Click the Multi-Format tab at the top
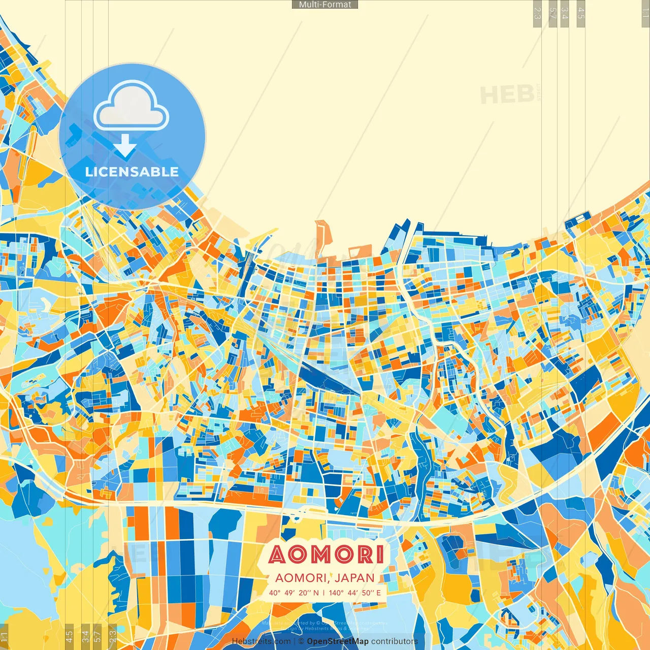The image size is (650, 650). coord(325,5)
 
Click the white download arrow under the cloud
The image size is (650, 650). coord(125,147)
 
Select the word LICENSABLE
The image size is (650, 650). coord(132,172)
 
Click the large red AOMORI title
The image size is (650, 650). coord(326,555)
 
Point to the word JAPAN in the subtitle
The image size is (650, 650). coord(355,578)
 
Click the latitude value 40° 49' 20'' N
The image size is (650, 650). coord(294,593)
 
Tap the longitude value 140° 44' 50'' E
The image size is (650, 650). coord(354,593)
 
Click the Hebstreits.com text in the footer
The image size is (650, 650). coord(261,641)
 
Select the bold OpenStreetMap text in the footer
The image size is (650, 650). coord(338,641)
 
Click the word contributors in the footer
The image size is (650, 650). coord(394,641)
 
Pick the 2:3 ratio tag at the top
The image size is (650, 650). coord(537,13)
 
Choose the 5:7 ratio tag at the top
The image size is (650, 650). coord(552,13)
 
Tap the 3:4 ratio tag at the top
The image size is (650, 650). coord(565,13)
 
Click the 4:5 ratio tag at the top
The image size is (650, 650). coord(581,13)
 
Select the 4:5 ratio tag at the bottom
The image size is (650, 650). coord(69,636)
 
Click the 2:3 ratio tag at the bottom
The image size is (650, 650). coord(113,636)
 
